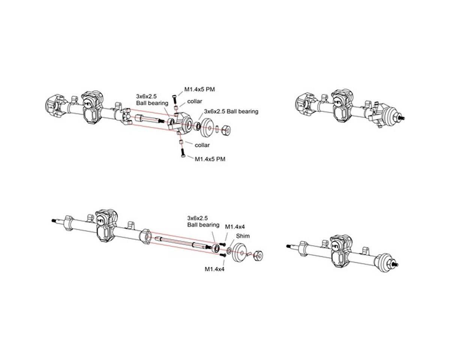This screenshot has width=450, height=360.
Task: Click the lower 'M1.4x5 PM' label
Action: (210, 159)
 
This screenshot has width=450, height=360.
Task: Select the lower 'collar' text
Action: (202, 145)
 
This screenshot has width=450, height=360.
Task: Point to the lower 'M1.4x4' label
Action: (214, 269)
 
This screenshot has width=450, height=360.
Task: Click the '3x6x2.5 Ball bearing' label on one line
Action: (231, 111)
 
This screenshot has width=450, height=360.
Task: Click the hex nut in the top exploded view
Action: (226, 130)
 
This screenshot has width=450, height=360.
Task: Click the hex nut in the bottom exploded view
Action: (258, 256)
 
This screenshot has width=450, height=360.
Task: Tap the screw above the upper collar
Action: (175, 99)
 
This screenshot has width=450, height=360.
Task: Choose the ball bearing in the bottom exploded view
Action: (216, 249)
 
